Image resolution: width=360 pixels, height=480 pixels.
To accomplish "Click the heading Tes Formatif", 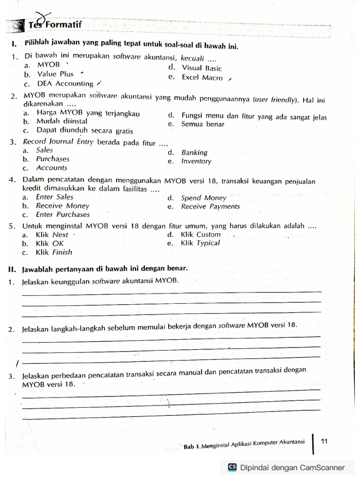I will pos(55,25).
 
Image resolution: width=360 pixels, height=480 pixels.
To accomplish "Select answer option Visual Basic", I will pos(202,68).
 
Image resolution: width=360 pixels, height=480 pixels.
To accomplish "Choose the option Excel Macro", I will pos(202,77).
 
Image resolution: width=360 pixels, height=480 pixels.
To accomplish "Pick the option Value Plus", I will pos(55,74).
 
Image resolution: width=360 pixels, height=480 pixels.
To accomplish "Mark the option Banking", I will pos(194,152).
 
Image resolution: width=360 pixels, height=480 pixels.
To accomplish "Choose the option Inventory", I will pos(196,161).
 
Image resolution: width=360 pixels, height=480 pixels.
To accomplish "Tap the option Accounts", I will pos(52,168).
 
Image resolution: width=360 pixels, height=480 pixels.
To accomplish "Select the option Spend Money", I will pos(203,198).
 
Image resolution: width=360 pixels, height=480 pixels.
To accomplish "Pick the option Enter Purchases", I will pos(63,215).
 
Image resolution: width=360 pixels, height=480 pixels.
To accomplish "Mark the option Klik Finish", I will pos(54,252).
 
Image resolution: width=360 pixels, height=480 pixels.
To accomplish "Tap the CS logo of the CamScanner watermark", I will pos(232,467).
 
